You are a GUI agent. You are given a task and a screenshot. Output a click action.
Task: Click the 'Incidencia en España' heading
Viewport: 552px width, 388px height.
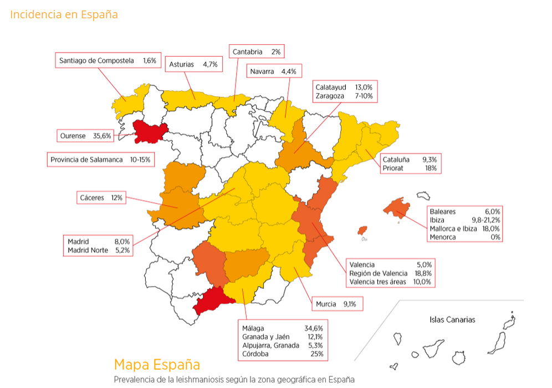(64, 14)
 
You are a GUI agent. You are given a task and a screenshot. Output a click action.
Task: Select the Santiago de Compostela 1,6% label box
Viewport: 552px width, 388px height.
(108, 60)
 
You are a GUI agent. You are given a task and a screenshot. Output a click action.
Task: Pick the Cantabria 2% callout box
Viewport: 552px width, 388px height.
(257, 52)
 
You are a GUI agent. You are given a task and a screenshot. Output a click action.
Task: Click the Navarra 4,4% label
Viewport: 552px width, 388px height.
(274, 72)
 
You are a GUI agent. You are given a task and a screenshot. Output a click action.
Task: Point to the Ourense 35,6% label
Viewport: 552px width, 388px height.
(86, 135)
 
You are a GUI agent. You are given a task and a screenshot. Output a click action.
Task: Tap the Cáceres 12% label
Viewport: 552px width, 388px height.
(102, 197)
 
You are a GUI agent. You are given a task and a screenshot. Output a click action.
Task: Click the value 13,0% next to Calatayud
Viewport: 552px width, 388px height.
(364, 88)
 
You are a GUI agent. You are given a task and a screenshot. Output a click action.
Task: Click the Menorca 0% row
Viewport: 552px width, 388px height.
(465, 237)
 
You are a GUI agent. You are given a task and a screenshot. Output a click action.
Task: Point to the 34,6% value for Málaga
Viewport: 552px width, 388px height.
(313, 328)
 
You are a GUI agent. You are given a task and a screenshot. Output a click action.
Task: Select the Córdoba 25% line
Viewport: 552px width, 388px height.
(282, 354)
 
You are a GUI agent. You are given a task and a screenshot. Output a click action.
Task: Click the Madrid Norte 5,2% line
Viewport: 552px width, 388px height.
(99, 250)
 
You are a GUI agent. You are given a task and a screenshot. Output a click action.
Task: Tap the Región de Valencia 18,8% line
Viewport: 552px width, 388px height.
(390, 273)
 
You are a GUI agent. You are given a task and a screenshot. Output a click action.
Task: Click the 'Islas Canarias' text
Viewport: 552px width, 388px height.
(452, 319)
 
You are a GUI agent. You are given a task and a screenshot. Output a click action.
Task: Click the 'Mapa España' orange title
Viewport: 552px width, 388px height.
(157, 365)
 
